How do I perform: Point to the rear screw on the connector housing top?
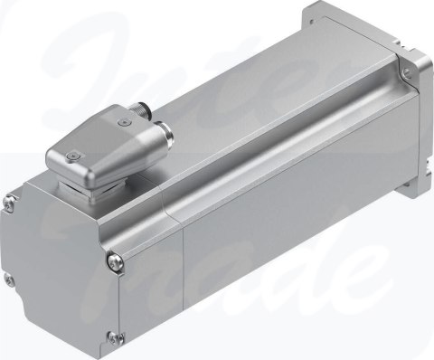tap(121, 116)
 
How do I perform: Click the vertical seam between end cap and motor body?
tap(185, 271)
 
